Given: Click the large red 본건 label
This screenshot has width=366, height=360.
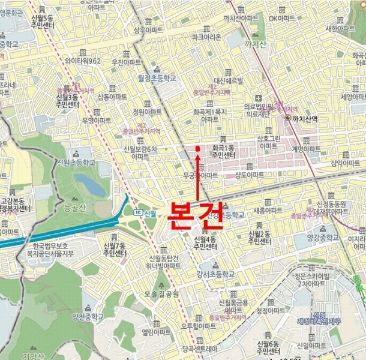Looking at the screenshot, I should [196, 215].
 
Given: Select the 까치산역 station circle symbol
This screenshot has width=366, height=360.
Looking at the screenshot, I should [289, 118].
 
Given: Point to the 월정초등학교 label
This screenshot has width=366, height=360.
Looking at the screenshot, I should [154, 78].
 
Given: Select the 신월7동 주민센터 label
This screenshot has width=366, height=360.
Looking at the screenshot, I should [115, 250].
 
